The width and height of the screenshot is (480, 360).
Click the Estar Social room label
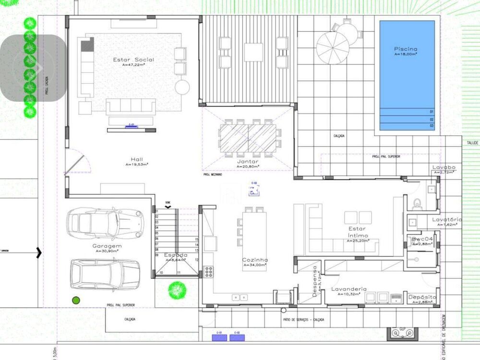click(133, 60)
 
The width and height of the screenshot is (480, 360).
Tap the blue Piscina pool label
click(406, 49)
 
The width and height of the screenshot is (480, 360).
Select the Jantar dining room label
click(248, 162)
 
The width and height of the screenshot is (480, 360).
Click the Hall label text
click(136, 159)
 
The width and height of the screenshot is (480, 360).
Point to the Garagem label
click(107, 246)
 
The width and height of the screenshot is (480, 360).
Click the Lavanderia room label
click(349, 289)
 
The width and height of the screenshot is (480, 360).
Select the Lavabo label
click(444, 168)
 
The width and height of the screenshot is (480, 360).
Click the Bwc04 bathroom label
click(422, 239)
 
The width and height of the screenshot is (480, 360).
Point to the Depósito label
click(422, 297)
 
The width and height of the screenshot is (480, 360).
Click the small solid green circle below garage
click(75, 300)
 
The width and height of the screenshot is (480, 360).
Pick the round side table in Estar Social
click(182, 87)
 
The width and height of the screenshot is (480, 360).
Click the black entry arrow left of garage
click(39, 251)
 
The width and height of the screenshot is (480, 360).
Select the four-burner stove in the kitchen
click(209, 272)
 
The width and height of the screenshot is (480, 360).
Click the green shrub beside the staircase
click(177, 290)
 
